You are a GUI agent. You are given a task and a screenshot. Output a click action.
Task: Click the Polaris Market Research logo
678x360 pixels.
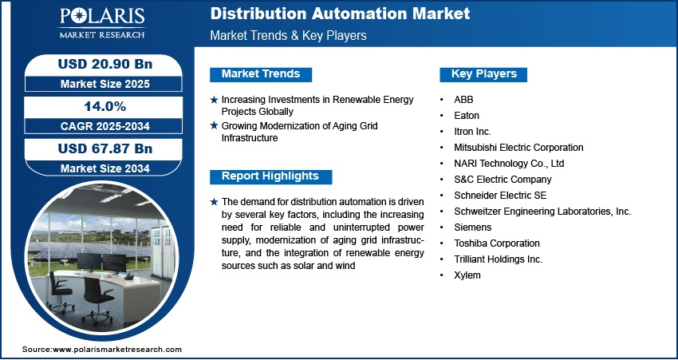(102, 23)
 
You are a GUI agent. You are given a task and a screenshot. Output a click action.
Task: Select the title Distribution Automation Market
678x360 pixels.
(340, 14)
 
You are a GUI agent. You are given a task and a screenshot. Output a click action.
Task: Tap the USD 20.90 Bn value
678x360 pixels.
(105, 64)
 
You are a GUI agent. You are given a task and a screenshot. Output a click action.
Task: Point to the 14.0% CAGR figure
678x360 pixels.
(105, 106)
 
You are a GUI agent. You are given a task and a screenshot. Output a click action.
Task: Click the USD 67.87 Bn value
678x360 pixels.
(105, 148)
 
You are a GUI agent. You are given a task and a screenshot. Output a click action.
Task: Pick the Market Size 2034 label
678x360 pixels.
(105, 168)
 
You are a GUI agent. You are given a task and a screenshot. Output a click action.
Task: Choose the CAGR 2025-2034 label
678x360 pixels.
(105, 126)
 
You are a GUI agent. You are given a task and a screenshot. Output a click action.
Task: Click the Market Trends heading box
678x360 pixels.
(261, 74)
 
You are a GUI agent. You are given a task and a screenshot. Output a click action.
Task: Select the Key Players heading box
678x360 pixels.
(483, 74)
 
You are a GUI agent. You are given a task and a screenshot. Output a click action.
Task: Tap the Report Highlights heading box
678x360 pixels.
(270, 176)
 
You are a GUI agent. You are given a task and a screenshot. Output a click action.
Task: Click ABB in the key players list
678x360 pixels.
(463, 100)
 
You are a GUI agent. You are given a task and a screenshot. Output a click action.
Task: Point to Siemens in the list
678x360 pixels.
(473, 227)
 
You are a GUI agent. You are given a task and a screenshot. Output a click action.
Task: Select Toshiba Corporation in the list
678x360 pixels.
(497, 243)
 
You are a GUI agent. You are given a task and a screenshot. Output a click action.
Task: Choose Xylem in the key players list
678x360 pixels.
(467, 275)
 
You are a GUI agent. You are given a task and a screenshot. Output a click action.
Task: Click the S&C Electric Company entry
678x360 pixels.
(503, 179)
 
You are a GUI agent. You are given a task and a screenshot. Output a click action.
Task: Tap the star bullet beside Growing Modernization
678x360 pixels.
(214, 126)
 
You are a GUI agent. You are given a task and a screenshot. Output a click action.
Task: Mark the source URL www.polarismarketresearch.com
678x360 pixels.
(117, 350)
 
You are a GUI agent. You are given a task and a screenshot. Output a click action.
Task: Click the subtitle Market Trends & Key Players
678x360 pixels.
(289, 35)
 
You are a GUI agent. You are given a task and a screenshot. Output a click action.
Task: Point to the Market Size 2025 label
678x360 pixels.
(105, 84)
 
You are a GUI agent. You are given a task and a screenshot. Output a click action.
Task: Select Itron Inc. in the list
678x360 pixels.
(473, 132)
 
